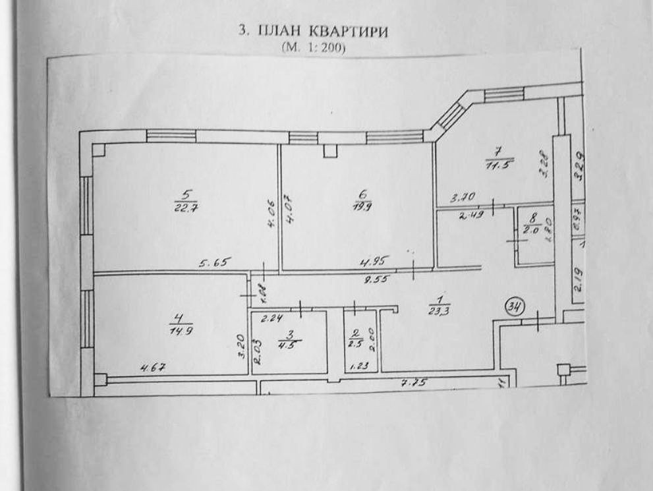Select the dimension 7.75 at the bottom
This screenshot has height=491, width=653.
[412, 382]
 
